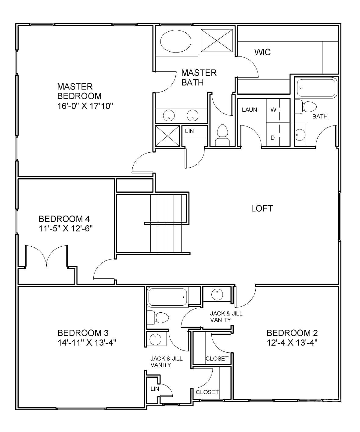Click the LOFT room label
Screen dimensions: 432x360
(x=262, y=209)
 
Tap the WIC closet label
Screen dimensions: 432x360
(x=262, y=52)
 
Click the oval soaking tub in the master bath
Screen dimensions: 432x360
(x=176, y=41)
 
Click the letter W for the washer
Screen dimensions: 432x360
(x=273, y=110)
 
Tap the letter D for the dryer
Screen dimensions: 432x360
(x=273, y=138)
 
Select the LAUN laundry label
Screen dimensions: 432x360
(x=250, y=110)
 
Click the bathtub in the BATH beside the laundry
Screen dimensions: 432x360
(x=316, y=88)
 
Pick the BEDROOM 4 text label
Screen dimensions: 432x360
(x=64, y=219)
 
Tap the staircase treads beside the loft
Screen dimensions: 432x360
(x=166, y=223)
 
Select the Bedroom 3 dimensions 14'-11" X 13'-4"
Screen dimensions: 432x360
(x=87, y=343)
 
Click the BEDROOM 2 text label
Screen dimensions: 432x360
(x=292, y=333)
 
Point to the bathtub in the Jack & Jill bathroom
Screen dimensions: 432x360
(x=167, y=297)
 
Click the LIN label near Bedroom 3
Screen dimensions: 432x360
(x=155, y=389)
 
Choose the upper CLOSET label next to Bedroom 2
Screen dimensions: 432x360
(x=217, y=358)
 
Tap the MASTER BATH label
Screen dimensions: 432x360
(x=199, y=78)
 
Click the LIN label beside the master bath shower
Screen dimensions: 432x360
(x=189, y=131)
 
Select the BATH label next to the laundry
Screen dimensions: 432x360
(x=320, y=116)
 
